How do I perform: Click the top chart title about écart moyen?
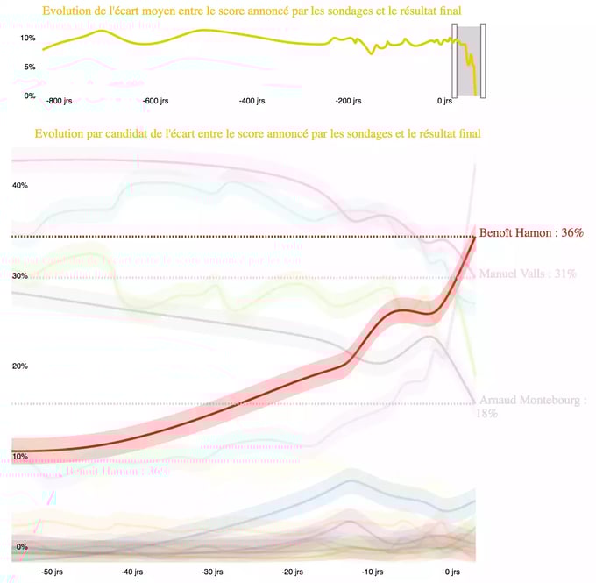252,11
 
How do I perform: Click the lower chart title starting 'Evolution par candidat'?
258,134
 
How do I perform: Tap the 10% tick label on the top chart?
27,39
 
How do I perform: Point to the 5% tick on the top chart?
30,68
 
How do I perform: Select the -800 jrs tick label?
60,102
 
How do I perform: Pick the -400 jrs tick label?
254,102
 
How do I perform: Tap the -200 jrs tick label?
349,102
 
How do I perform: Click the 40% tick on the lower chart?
20,186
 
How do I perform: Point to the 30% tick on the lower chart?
20,276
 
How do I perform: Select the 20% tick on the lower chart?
20,366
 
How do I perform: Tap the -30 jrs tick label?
213,572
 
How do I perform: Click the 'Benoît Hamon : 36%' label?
531,233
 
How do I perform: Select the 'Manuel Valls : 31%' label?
528,274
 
